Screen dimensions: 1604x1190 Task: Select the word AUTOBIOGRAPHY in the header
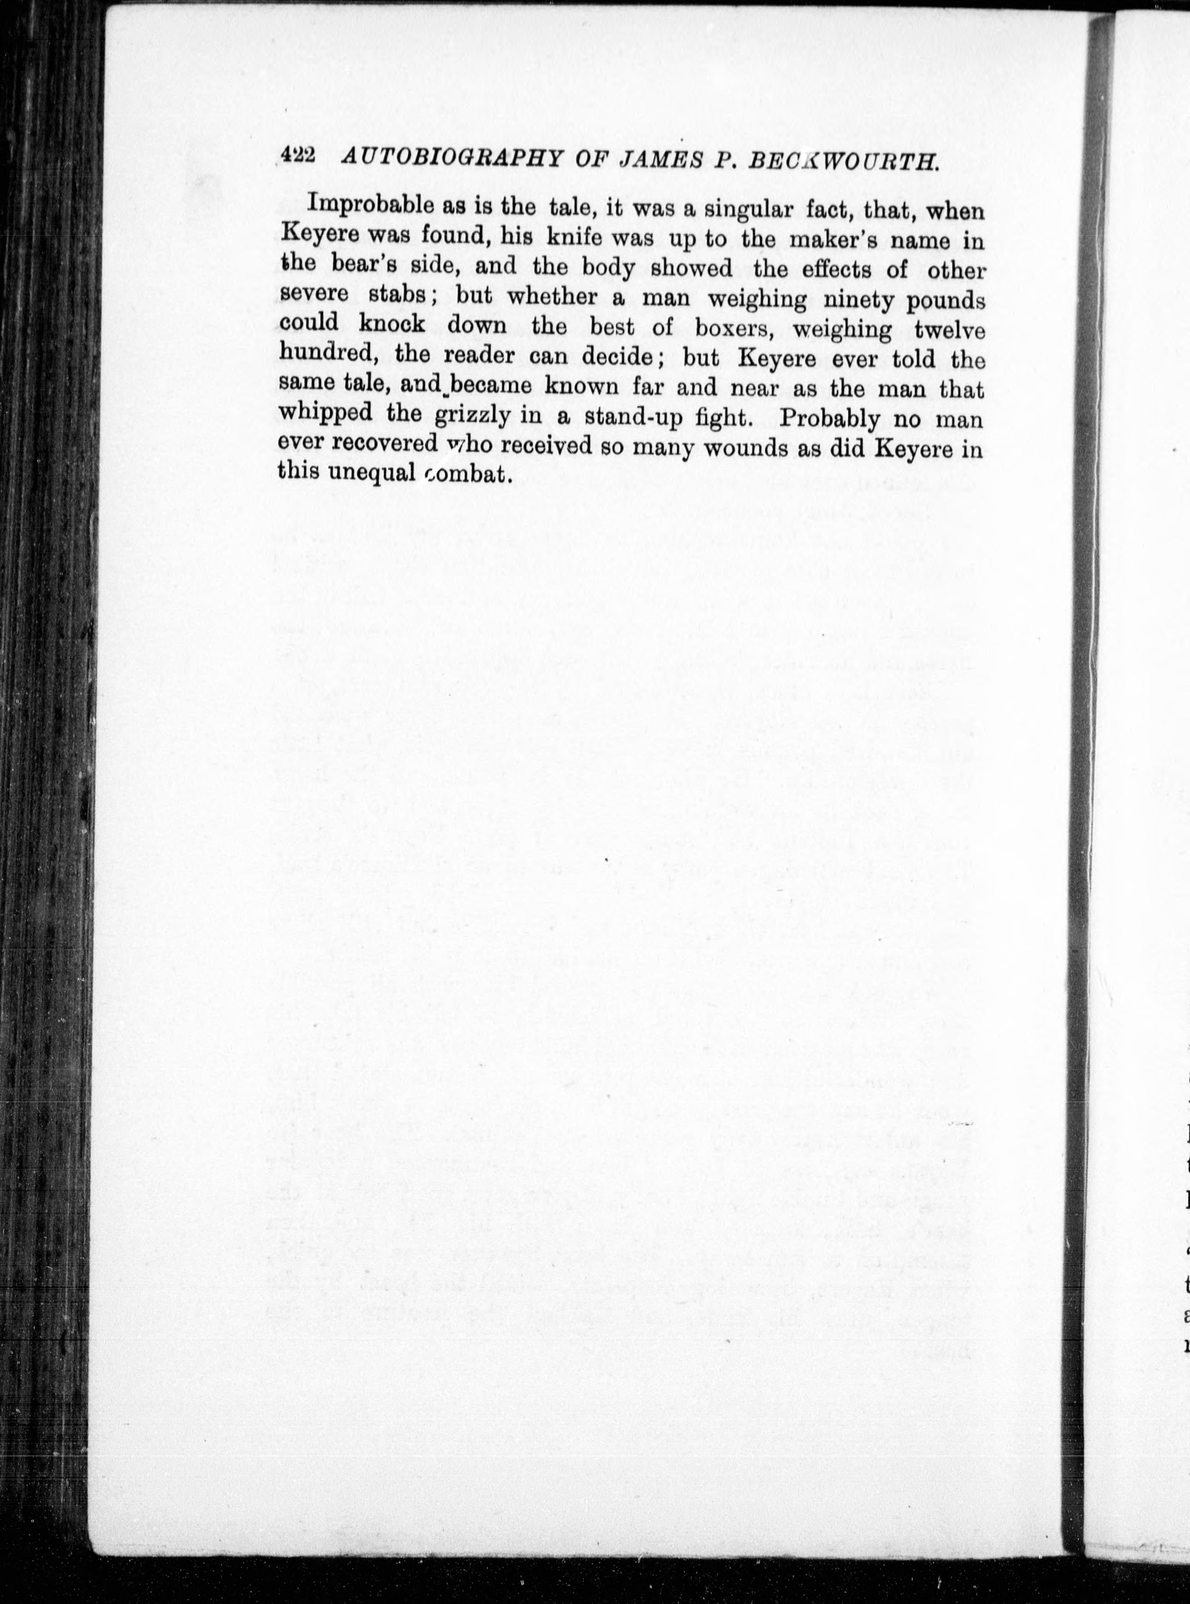pos(452,158)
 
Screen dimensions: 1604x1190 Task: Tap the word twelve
pos(948,331)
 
